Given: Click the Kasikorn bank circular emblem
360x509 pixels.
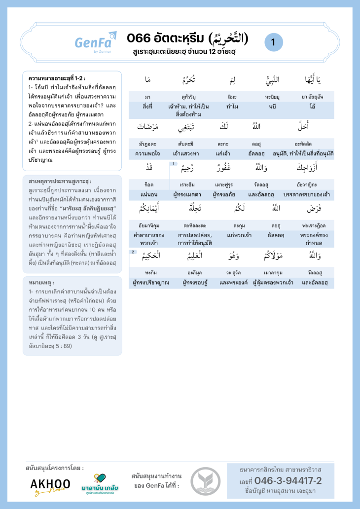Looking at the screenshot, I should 205,481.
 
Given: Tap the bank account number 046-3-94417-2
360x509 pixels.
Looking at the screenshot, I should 281,480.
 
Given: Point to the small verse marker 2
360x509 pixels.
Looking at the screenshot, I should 132,252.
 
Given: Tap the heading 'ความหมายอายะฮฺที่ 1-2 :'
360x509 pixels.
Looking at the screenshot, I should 57,78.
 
